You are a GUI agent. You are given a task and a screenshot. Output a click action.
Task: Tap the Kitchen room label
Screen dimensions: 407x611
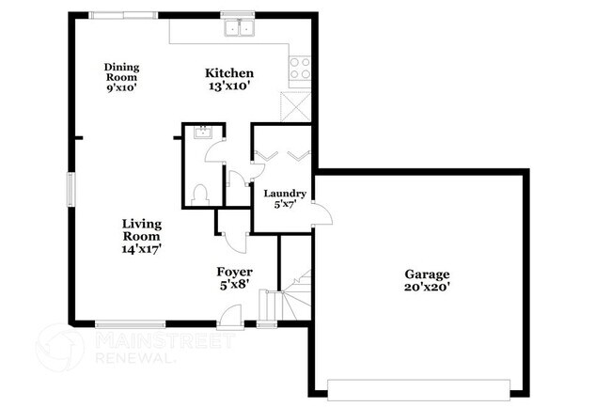(230, 73)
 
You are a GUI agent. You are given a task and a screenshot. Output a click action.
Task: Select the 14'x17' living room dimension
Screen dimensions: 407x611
(142, 251)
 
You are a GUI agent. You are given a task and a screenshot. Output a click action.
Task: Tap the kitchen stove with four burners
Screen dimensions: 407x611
(301, 68)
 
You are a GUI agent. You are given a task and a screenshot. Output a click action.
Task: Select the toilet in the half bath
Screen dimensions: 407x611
(198, 193)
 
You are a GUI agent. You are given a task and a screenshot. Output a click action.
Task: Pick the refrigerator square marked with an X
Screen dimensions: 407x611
(296, 103)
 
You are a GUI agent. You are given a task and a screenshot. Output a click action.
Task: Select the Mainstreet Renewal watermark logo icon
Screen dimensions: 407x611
(59, 346)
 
